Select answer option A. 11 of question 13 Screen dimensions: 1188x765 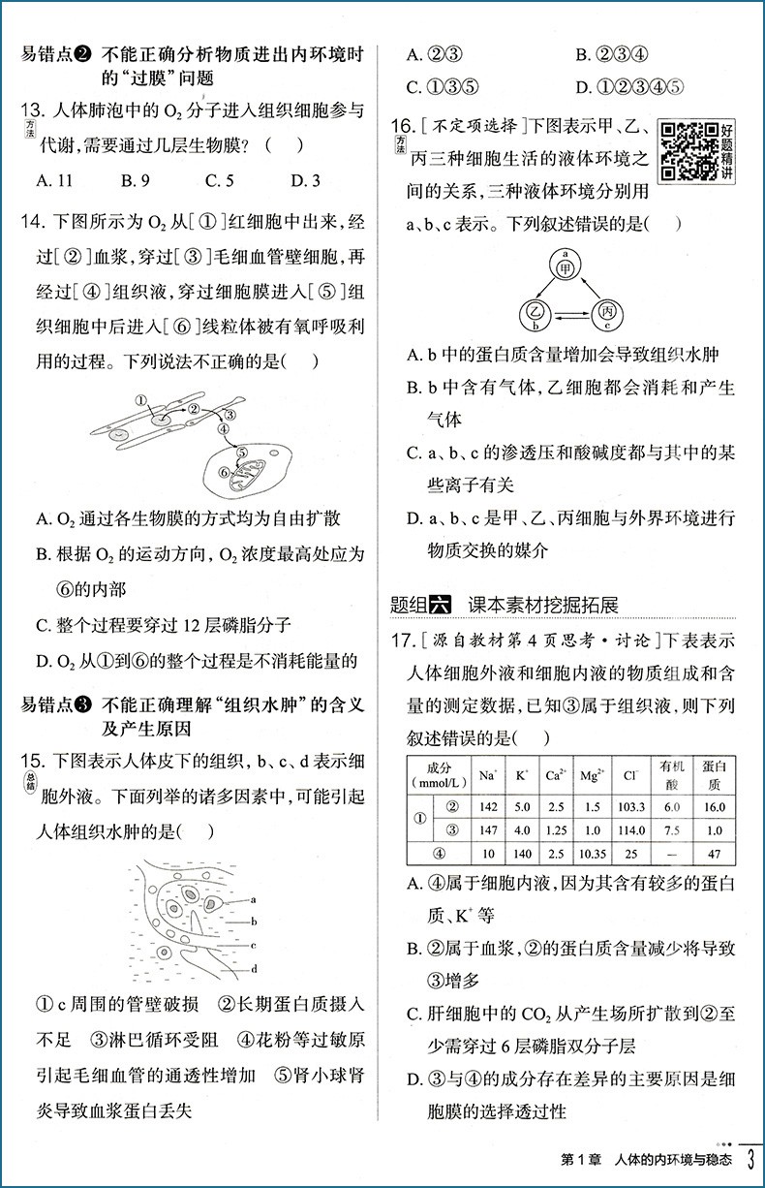click(x=54, y=179)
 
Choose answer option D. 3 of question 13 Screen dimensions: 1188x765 click(x=306, y=179)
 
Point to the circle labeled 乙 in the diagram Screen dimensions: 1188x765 click(x=532, y=314)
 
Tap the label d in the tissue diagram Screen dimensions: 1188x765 click(x=252, y=968)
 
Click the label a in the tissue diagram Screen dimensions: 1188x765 click(x=252, y=900)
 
